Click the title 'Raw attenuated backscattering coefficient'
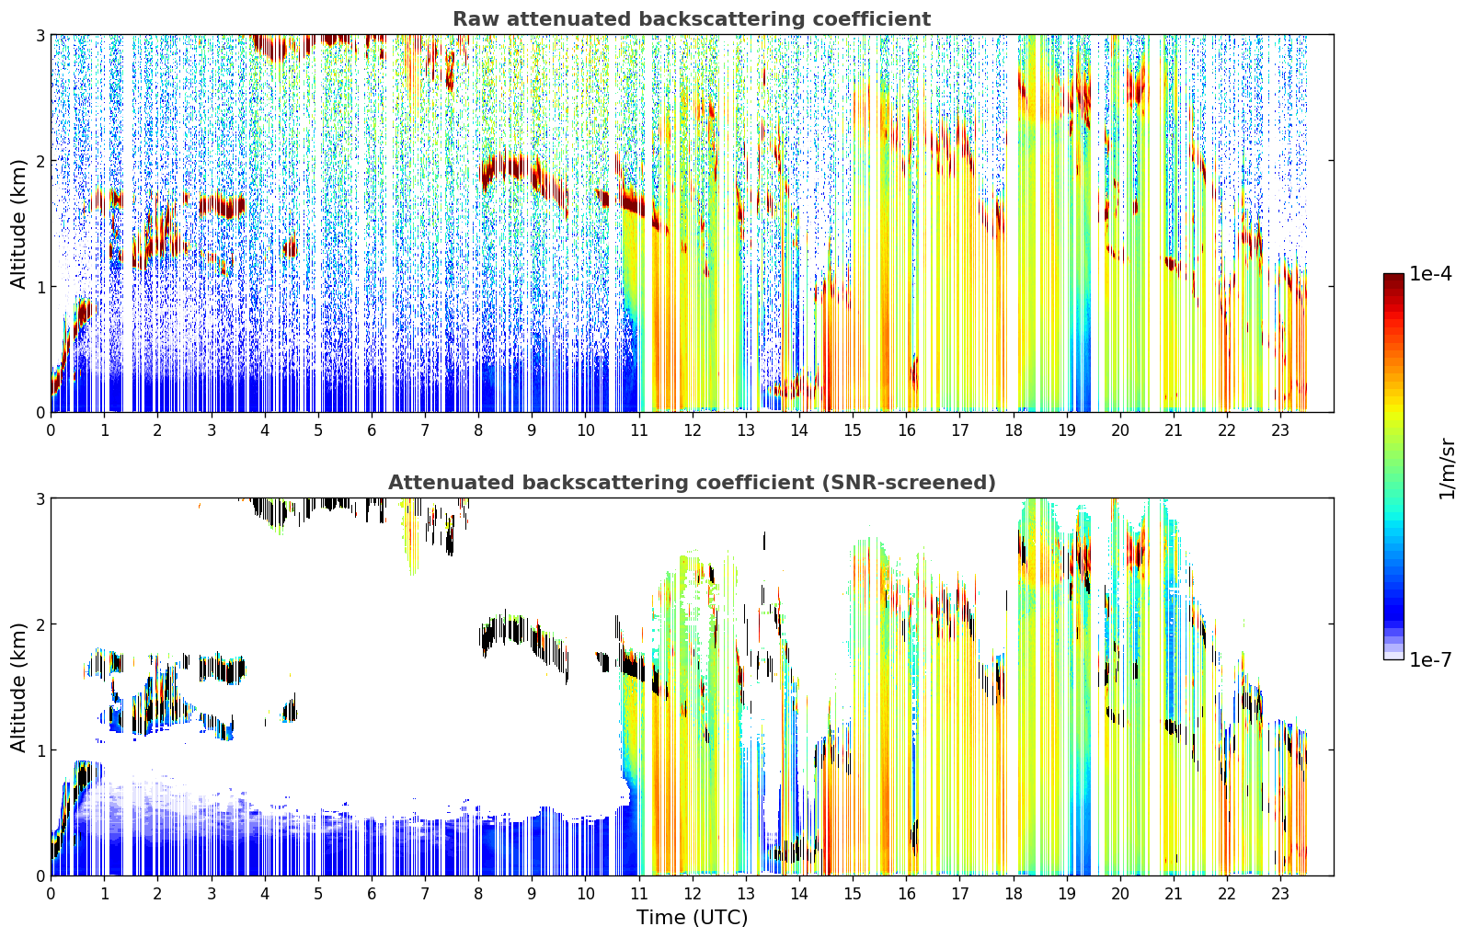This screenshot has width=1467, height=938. click(692, 19)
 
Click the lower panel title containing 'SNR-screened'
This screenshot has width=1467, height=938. click(692, 483)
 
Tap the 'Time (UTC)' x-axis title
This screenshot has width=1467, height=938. click(692, 918)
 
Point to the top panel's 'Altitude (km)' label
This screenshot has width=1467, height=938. click(18, 224)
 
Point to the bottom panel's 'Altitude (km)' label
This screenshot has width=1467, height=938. click(18, 688)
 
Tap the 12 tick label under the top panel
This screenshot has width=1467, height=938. click(693, 430)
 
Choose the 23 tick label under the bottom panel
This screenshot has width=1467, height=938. click(1280, 894)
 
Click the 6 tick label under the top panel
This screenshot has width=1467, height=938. click(372, 430)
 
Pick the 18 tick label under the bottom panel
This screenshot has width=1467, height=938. click(1014, 894)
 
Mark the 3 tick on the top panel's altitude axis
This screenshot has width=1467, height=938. click(40, 35)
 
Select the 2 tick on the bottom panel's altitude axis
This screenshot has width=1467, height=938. click(40, 625)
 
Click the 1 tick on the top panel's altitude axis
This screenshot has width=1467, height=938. click(40, 287)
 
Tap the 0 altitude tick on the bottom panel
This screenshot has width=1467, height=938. click(40, 876)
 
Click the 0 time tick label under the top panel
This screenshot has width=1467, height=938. click(52, 430)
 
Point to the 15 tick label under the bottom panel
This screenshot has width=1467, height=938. click(853, 894)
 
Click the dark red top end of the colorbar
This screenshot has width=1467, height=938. click(1393, 277)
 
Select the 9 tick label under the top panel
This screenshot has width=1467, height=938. click(532, 430)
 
